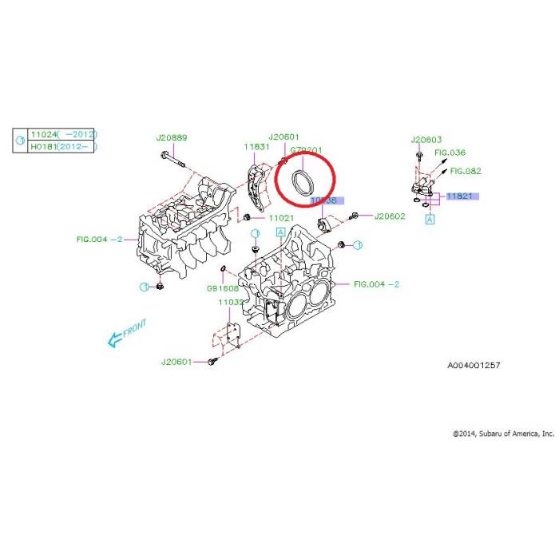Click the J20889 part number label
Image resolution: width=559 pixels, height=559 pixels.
point(172,137)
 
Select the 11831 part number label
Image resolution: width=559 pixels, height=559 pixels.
point(257,147)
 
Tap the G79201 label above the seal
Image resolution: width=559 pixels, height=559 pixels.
point(306,149)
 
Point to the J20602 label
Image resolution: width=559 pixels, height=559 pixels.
point(390,216)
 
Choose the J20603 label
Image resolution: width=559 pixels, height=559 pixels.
point(426,139)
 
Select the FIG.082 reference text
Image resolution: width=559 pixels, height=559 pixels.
point(466,170)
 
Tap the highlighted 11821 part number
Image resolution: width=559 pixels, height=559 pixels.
point(461,196)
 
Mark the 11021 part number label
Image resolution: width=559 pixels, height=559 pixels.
point(281,217)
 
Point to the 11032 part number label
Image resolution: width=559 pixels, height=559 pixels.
point(231,303)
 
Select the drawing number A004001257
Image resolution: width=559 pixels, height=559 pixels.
point(474,365)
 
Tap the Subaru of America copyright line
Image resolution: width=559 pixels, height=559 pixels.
point(502,433)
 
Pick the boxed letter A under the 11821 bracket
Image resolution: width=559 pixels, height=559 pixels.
point(430,218)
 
